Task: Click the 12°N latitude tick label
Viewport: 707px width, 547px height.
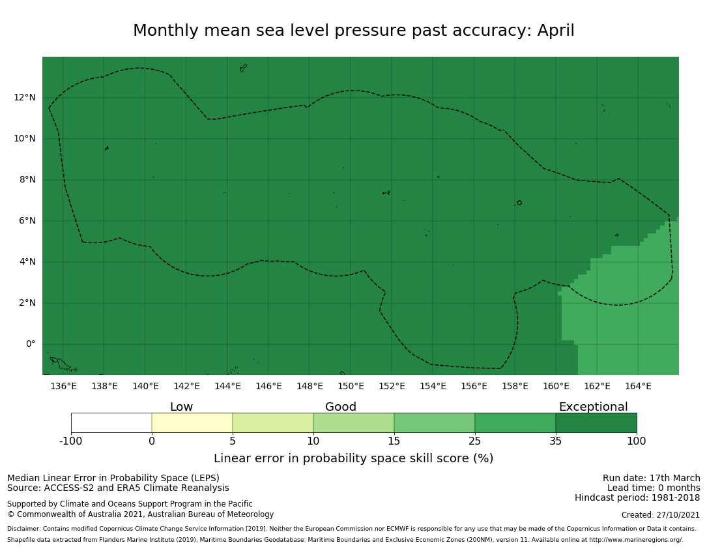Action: coord(25,98)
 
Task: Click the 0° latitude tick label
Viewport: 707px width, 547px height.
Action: coord(30,344)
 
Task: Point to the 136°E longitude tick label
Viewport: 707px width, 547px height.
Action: coord(63,386)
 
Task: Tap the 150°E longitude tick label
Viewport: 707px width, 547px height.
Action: coord(351,386)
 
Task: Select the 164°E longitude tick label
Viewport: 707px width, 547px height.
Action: coord(638,386)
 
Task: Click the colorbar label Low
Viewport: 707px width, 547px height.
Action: coord(181,407)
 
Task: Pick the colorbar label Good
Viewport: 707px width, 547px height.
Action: coord(341,407)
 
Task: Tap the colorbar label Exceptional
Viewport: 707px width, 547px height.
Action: coord(593,407)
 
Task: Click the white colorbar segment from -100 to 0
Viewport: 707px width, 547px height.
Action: coord(111,422)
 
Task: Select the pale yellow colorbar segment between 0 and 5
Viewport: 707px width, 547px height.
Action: coord(192,422)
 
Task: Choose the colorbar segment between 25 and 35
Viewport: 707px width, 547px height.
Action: coord(515,422)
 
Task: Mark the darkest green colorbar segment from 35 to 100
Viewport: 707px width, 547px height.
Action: coord(596,422)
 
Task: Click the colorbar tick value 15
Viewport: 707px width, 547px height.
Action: coord(394,441)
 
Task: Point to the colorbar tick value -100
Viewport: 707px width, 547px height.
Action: coord(71,441)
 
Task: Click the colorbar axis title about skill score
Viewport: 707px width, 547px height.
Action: coord(353,458)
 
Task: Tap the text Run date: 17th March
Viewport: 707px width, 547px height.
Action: coord(651,478)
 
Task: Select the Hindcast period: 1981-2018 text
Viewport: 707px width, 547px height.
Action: coord(637,498)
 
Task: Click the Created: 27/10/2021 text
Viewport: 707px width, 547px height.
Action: coord(661,515)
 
